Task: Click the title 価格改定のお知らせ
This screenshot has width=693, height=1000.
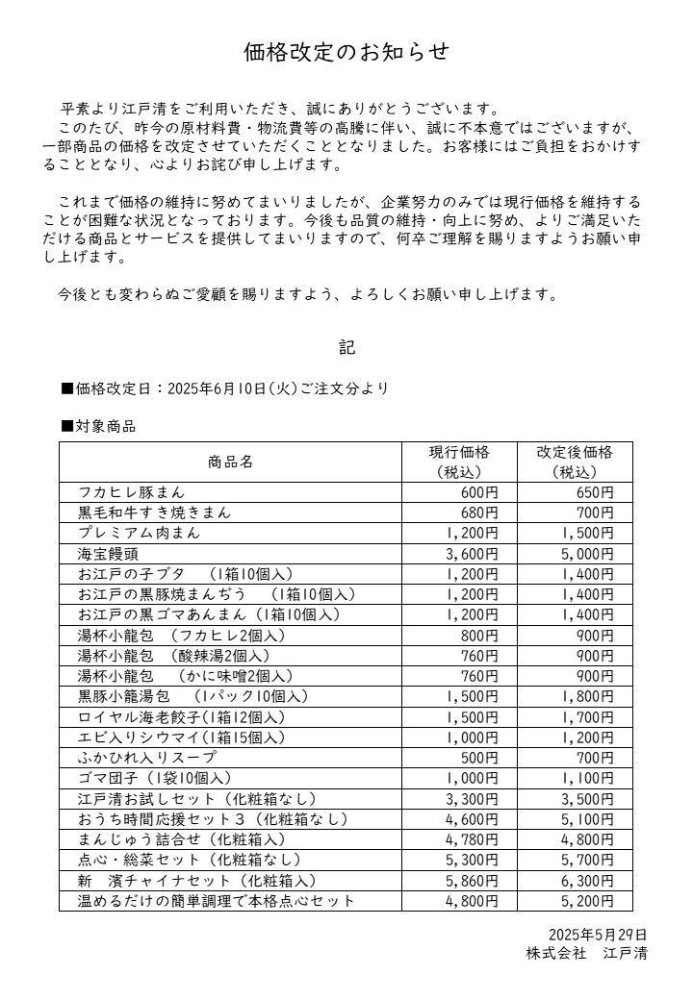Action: pyautogui.click(x=346, y=53)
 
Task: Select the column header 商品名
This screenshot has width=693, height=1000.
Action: pyautogui.click(x=230, y=462)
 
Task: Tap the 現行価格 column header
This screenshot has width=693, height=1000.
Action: pyautogui.click(x=459, y=462)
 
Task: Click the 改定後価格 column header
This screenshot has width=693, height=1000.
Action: pyautogui.click(x=575, y=462)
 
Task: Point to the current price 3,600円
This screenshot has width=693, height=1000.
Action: pyautogui.click(x=472, y=554)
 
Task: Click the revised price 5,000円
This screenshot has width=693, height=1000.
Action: pyautogui.click(x=587, y=554)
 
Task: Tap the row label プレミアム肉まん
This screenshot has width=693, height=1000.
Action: pyautogui.click(x=140, y=533)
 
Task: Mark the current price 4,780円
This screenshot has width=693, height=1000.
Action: pyautogui.click(x=472, y=839)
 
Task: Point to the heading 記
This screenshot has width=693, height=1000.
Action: pyautogui.click(x=346, y=347)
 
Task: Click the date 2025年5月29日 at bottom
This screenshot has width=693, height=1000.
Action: pyautogui.click(x=598, y=935)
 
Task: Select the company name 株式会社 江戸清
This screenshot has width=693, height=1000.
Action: pyautogui.click(x=586, y=954)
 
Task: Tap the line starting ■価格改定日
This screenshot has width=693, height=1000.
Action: pyautogui.click(x=225, y=389)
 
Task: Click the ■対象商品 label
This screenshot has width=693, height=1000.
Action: pyautogui.click(x=98, y=426)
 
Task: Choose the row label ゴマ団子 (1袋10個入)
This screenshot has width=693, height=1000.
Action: pyautogui.click(x=155, y=778)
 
